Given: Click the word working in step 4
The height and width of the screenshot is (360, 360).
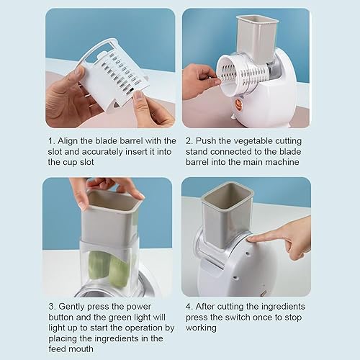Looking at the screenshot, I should pyautogui.click(x=202, y=328).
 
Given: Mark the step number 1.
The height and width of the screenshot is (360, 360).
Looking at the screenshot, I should pyautogui.click(x=50, y=140).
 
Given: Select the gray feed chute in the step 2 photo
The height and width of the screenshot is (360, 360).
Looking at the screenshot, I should pyautogui.click(x=257, y=36).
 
